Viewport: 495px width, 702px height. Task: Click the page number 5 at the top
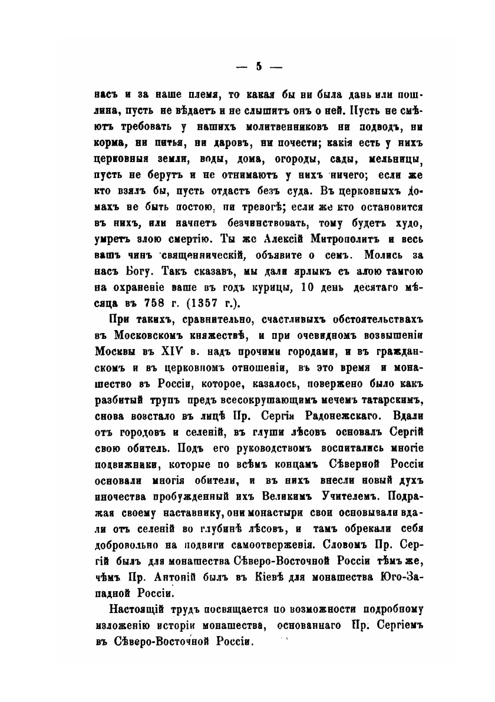coord(258,66)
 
